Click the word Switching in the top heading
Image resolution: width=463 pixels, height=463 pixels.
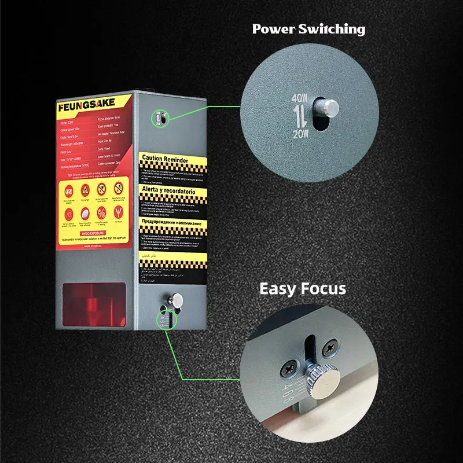click(335, 30)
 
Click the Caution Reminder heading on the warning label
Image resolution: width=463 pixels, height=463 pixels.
click(168, 157)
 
